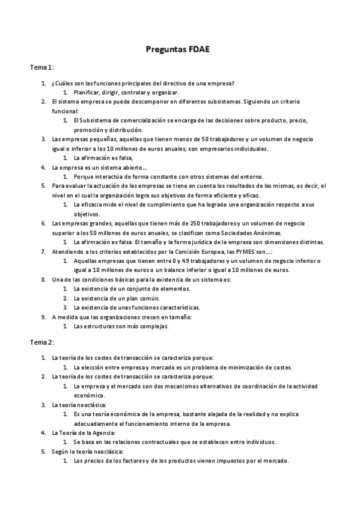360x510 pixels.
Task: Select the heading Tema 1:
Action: click(42, 68)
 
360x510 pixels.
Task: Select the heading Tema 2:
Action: click(42, 342)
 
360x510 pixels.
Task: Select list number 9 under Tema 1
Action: click(43, 316)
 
